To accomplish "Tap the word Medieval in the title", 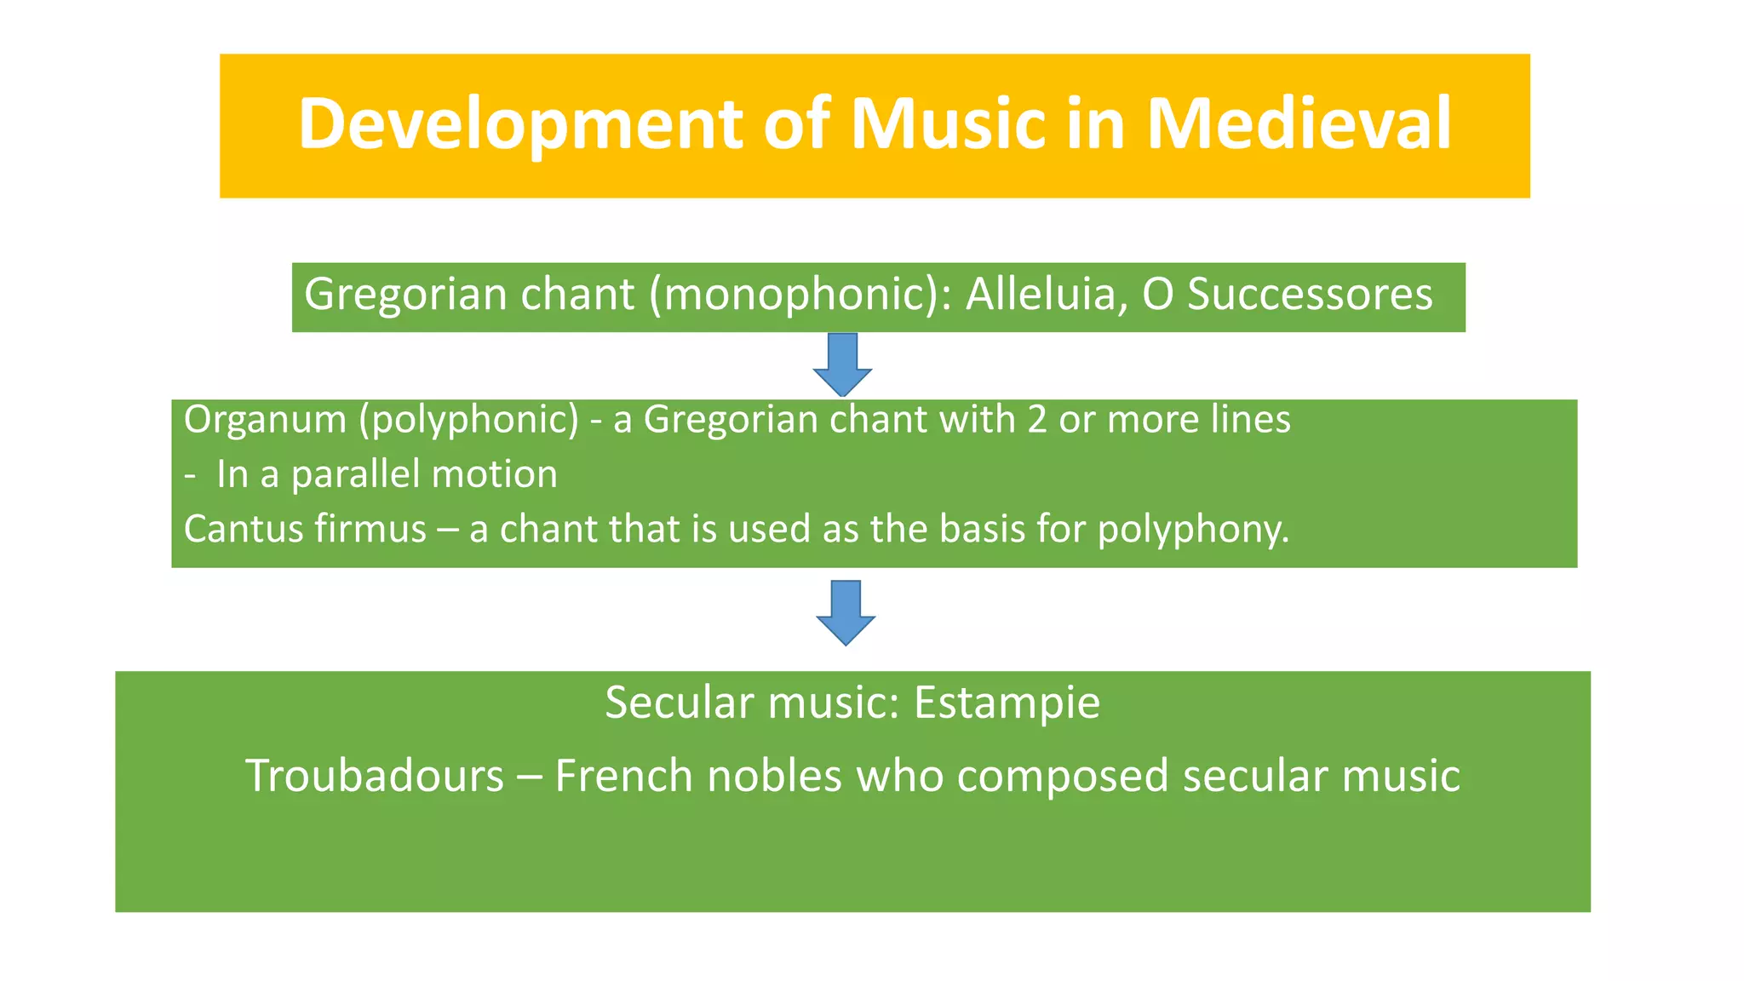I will click(x=1299, y=124).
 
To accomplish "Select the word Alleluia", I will click(x=1047, y=295).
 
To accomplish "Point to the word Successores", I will click(x=1310, y=295).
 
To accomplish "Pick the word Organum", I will click(x=265, y=420).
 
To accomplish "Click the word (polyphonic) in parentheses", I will click(x=469, y=420).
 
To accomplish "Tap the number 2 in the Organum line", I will click(x=1036, y=420).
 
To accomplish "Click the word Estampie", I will click(x=1007, y=703).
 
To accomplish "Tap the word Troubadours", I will click(x=375, y=776).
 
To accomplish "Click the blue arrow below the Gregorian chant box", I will click(x=842, y=364).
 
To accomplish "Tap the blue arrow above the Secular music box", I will click(x=846, y=611).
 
